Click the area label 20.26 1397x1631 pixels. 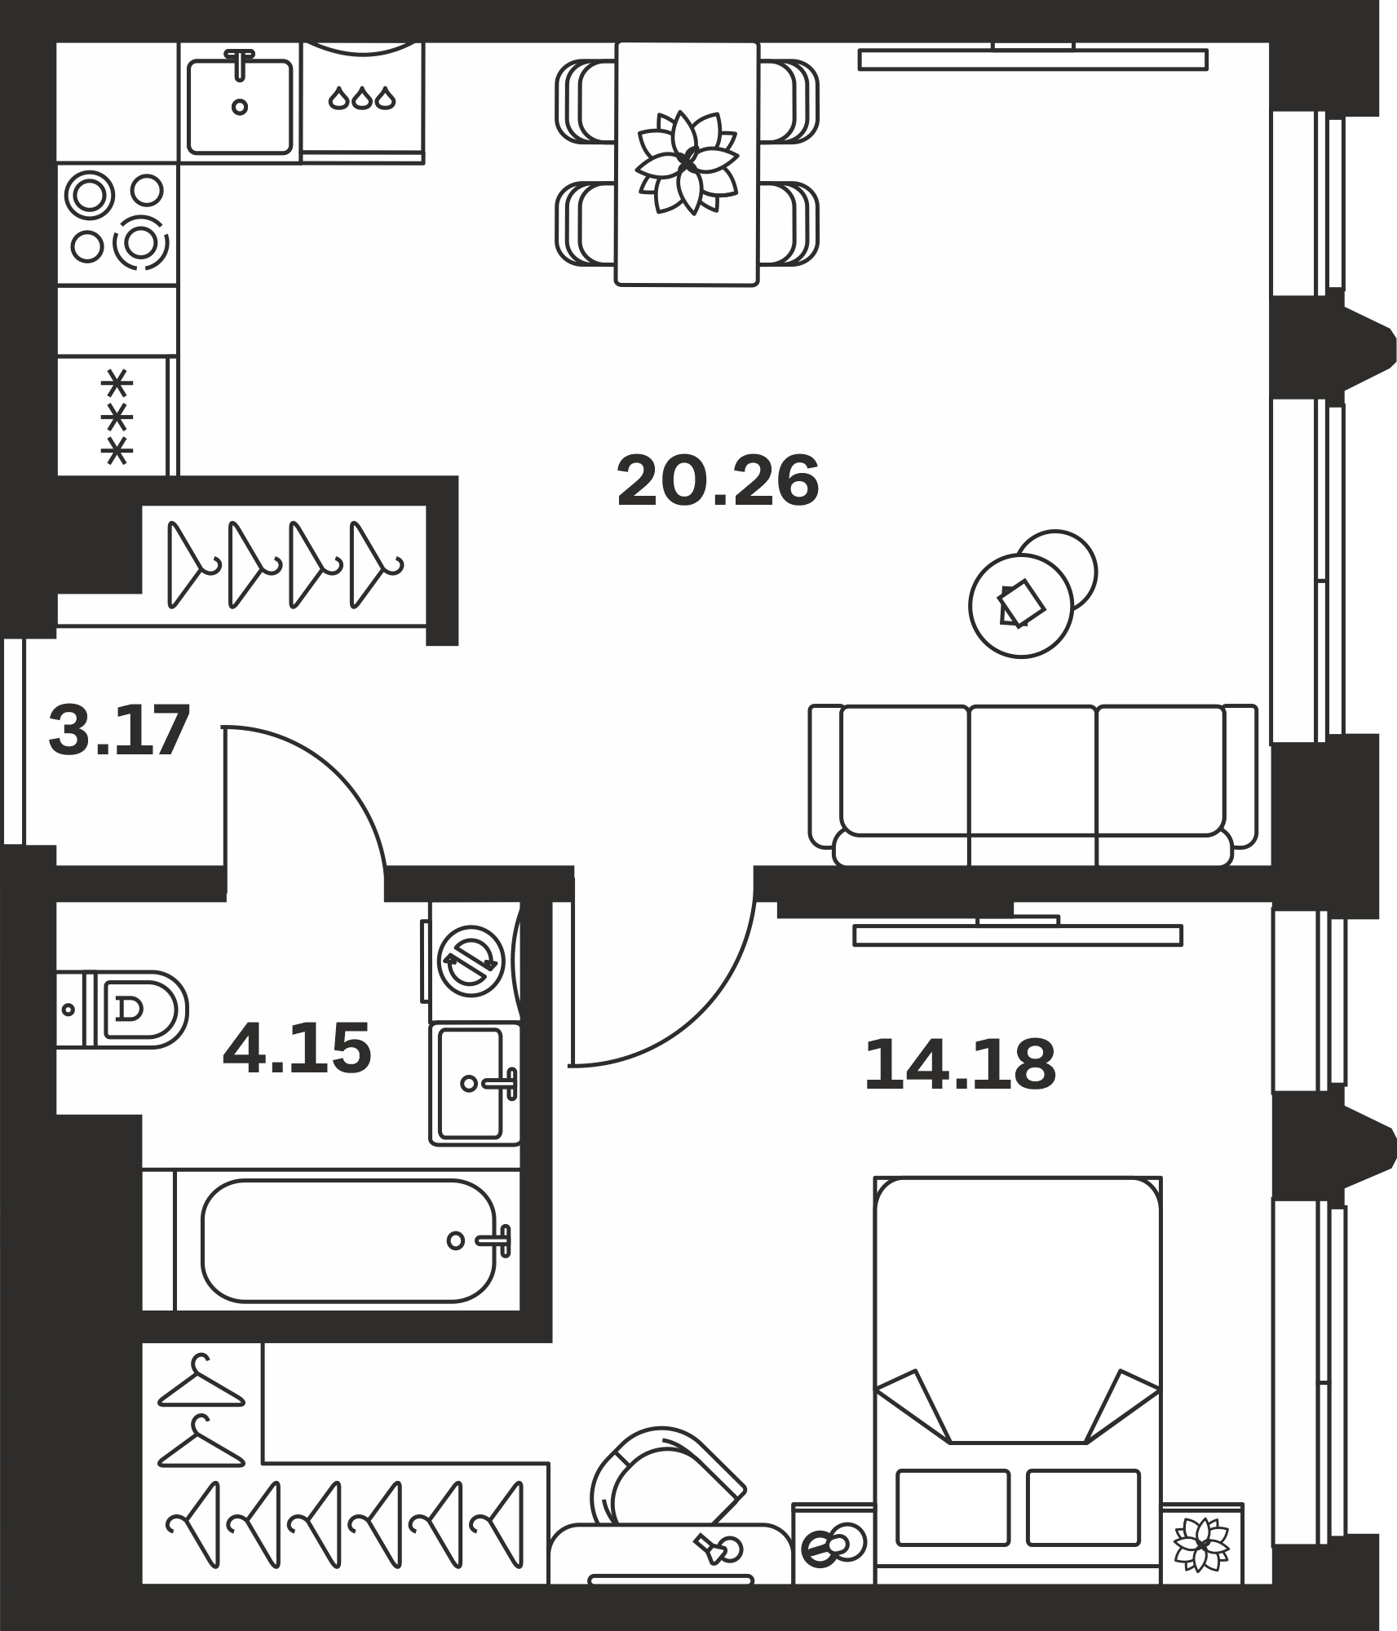718,481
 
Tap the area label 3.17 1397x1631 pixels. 119,731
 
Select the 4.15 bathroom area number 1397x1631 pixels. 297,1048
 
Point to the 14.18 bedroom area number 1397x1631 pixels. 960,1064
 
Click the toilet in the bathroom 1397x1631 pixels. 122,1009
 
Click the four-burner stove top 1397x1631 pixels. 117,223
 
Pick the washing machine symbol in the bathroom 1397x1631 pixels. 471,961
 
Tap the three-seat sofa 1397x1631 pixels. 1033,785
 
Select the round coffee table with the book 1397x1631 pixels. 1021,605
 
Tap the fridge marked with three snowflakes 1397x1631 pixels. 117,416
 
